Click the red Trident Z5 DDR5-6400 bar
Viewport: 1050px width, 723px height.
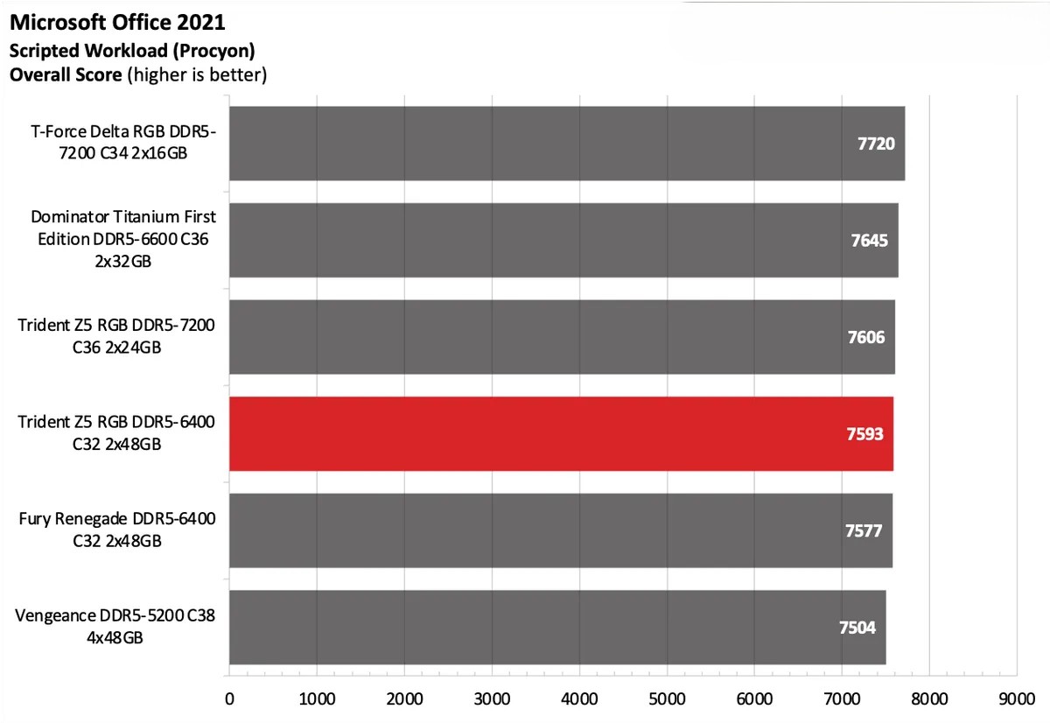560,433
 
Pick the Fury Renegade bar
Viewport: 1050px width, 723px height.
560,530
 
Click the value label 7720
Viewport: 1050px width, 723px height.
875,144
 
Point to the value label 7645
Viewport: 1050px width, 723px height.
869,240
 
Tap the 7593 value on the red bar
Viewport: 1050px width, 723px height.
864,434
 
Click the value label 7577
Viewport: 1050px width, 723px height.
864,530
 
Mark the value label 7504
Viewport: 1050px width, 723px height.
857,628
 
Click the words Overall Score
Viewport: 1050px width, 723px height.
66,74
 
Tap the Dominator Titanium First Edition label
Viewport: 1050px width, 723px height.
123,239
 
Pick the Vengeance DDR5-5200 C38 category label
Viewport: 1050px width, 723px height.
115,627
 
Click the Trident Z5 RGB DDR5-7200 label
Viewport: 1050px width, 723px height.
116,337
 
